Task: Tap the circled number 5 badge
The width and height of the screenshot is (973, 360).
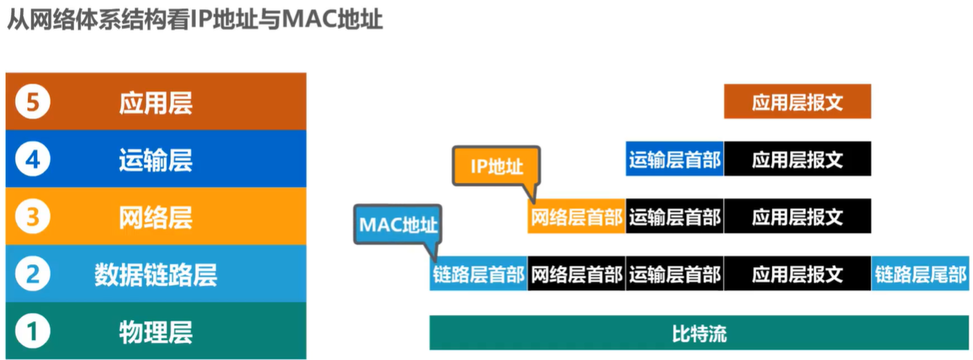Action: pos(31,102)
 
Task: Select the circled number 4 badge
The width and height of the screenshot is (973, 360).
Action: pos(31,160)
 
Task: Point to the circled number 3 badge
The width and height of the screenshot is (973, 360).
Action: pos(31,217)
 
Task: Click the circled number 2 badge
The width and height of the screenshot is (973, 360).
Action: pos(31,274)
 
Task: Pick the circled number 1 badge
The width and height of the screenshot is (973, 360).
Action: pos(31,332)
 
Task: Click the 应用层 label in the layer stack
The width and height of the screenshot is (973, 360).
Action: pos(155,102)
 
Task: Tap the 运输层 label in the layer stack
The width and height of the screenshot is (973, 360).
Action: pos(155,160)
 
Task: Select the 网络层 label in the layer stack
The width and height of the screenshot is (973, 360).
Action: pos(155,217)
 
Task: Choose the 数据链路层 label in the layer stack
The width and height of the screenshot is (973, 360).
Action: pos(155,274)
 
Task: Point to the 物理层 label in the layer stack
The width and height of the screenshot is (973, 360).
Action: pos(155,332)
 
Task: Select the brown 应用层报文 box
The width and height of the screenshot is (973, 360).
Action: pos(797,102)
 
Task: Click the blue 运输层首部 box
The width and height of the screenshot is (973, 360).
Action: pos(675,159)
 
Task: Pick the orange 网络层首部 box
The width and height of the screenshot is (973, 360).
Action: pos(577,216)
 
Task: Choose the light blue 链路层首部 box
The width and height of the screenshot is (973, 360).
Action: pos(479,274)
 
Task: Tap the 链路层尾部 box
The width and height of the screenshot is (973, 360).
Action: pos(920,274)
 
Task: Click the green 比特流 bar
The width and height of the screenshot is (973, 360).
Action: pos(699,333)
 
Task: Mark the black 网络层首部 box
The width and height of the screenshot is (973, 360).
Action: pos(577,274)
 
